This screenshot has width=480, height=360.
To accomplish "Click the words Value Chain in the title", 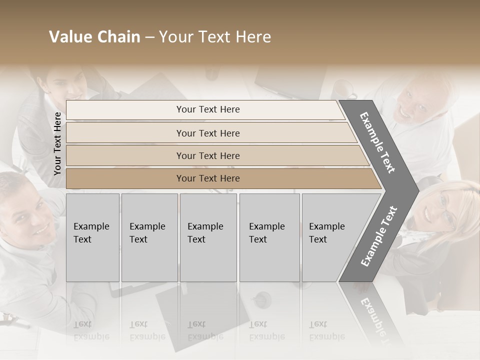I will (94, 37).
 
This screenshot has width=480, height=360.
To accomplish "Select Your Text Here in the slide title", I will (215, 37).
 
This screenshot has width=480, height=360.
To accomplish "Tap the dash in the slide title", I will (149, 37).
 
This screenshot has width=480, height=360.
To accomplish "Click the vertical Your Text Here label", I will (57, 143).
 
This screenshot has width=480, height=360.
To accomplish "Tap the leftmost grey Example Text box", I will (92, 237).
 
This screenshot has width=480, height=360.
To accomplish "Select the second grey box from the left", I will (149, 237).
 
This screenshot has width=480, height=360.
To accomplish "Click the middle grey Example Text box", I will (208, 237).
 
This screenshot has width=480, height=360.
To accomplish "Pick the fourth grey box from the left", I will (269, 237).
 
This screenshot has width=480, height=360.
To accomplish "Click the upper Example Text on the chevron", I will (378, 142).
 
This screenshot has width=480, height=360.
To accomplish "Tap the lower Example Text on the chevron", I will (379, 236).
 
